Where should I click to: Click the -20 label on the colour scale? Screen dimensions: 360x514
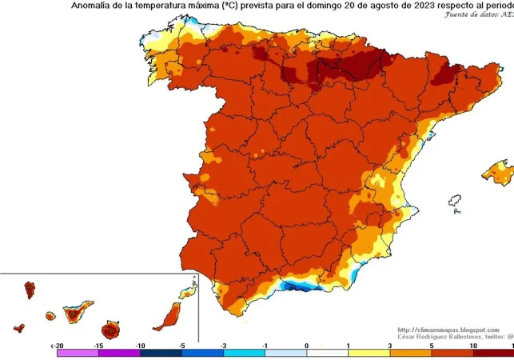click(x=57, y=346)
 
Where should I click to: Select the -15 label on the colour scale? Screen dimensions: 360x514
click(x=98, y=346)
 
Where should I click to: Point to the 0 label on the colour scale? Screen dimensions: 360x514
click(x=306, y=346)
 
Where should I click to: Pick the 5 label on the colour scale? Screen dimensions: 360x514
click(x=431, y=346)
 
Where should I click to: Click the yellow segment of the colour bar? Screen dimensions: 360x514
click(x=369, y=353)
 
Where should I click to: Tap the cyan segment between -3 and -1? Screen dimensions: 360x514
click(x=244, y=353)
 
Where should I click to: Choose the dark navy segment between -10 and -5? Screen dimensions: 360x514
click(x=161, y=353)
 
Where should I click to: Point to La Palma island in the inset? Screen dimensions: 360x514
click(x=30, y=289)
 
